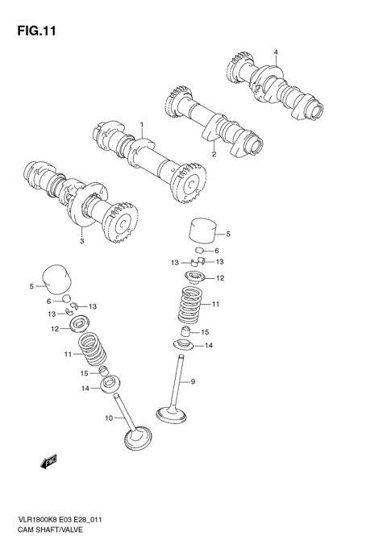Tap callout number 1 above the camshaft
click(142, 126)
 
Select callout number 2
click(214, 153)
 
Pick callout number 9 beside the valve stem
click(193, 381)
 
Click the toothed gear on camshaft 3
click(125, 231)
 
